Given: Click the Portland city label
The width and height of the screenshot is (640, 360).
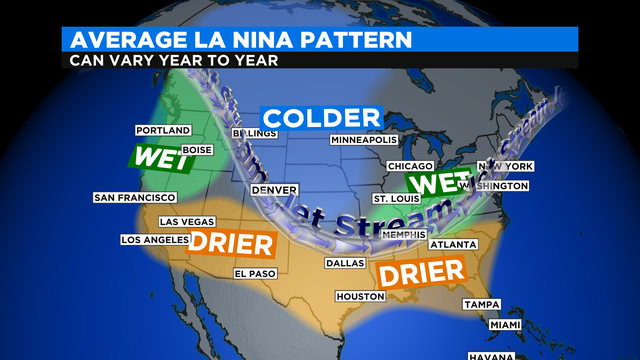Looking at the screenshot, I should (x=162, y=130).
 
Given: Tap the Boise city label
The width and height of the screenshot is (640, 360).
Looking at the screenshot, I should (x=198, y=150).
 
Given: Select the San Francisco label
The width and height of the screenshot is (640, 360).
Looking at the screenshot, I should (x=135, y=198).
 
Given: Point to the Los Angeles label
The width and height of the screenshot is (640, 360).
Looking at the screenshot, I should (x=154, y=240).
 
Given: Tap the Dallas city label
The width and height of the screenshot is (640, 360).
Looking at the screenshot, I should (x=344, y=264).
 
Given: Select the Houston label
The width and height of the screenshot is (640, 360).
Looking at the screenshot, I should (x=360, y=297).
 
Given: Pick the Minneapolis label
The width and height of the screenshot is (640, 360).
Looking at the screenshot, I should (x=364, y=139).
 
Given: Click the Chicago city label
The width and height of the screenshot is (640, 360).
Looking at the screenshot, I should (x=409, y=166).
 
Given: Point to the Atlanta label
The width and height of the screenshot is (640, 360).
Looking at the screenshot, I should (x=453, y=244).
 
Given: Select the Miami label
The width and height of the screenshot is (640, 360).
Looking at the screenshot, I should (x=504, y=325).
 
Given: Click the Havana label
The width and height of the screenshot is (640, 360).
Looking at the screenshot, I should (x=490, y=354).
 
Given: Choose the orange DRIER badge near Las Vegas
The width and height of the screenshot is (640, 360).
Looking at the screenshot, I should (x=232, y=243).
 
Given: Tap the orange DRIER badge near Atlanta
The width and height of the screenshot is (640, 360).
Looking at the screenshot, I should (x=419, y=271).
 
